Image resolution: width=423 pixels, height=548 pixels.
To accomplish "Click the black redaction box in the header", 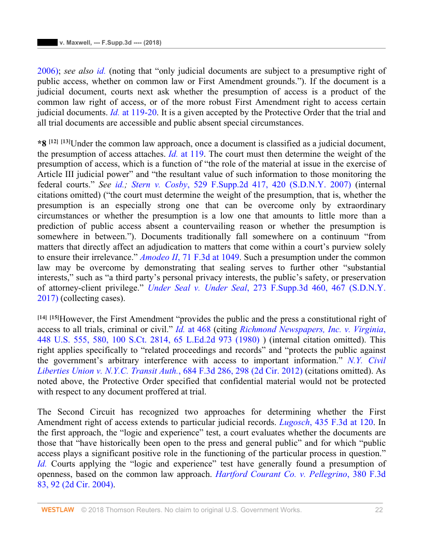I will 47,42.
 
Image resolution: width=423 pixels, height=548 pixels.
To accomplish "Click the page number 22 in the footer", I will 378,510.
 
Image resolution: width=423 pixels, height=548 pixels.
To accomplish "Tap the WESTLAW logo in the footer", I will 58,510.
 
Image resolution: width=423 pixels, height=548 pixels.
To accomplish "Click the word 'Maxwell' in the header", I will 77,42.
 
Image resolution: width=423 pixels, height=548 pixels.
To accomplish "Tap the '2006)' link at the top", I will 48,70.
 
